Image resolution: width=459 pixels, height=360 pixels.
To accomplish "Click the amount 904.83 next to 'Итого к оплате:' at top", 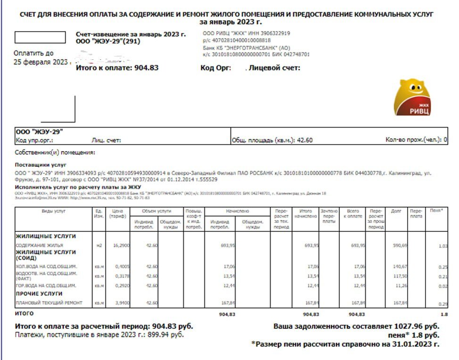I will click(x=145, y=68).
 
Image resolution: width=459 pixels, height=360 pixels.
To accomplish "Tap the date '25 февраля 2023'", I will click(x=41, y=62).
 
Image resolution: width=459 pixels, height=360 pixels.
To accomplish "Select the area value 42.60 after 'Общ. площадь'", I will click(x=304, y=140).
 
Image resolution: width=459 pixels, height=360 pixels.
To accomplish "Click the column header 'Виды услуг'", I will click(x=54, y=212).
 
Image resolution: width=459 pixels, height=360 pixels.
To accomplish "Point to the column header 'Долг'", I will click(x=396, y=212).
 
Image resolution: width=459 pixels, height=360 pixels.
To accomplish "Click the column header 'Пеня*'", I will click(x=436, y=211).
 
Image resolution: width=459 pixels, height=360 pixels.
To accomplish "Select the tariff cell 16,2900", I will click(x=121, y=245).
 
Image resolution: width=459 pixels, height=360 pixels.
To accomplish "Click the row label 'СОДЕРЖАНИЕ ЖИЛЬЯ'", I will click(x=39, y=245).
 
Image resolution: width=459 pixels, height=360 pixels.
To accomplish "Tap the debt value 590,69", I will click(x=400, y=245).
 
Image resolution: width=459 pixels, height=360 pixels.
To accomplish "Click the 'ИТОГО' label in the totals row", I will click(x=25, y=313).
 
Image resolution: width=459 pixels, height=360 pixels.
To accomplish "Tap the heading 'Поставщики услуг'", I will click(x=41, y=165).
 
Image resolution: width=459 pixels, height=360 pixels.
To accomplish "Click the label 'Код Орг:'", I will click(x=216, y=68).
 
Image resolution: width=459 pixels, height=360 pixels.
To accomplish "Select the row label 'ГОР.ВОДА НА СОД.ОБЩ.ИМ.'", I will click(x=46, y=286).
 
